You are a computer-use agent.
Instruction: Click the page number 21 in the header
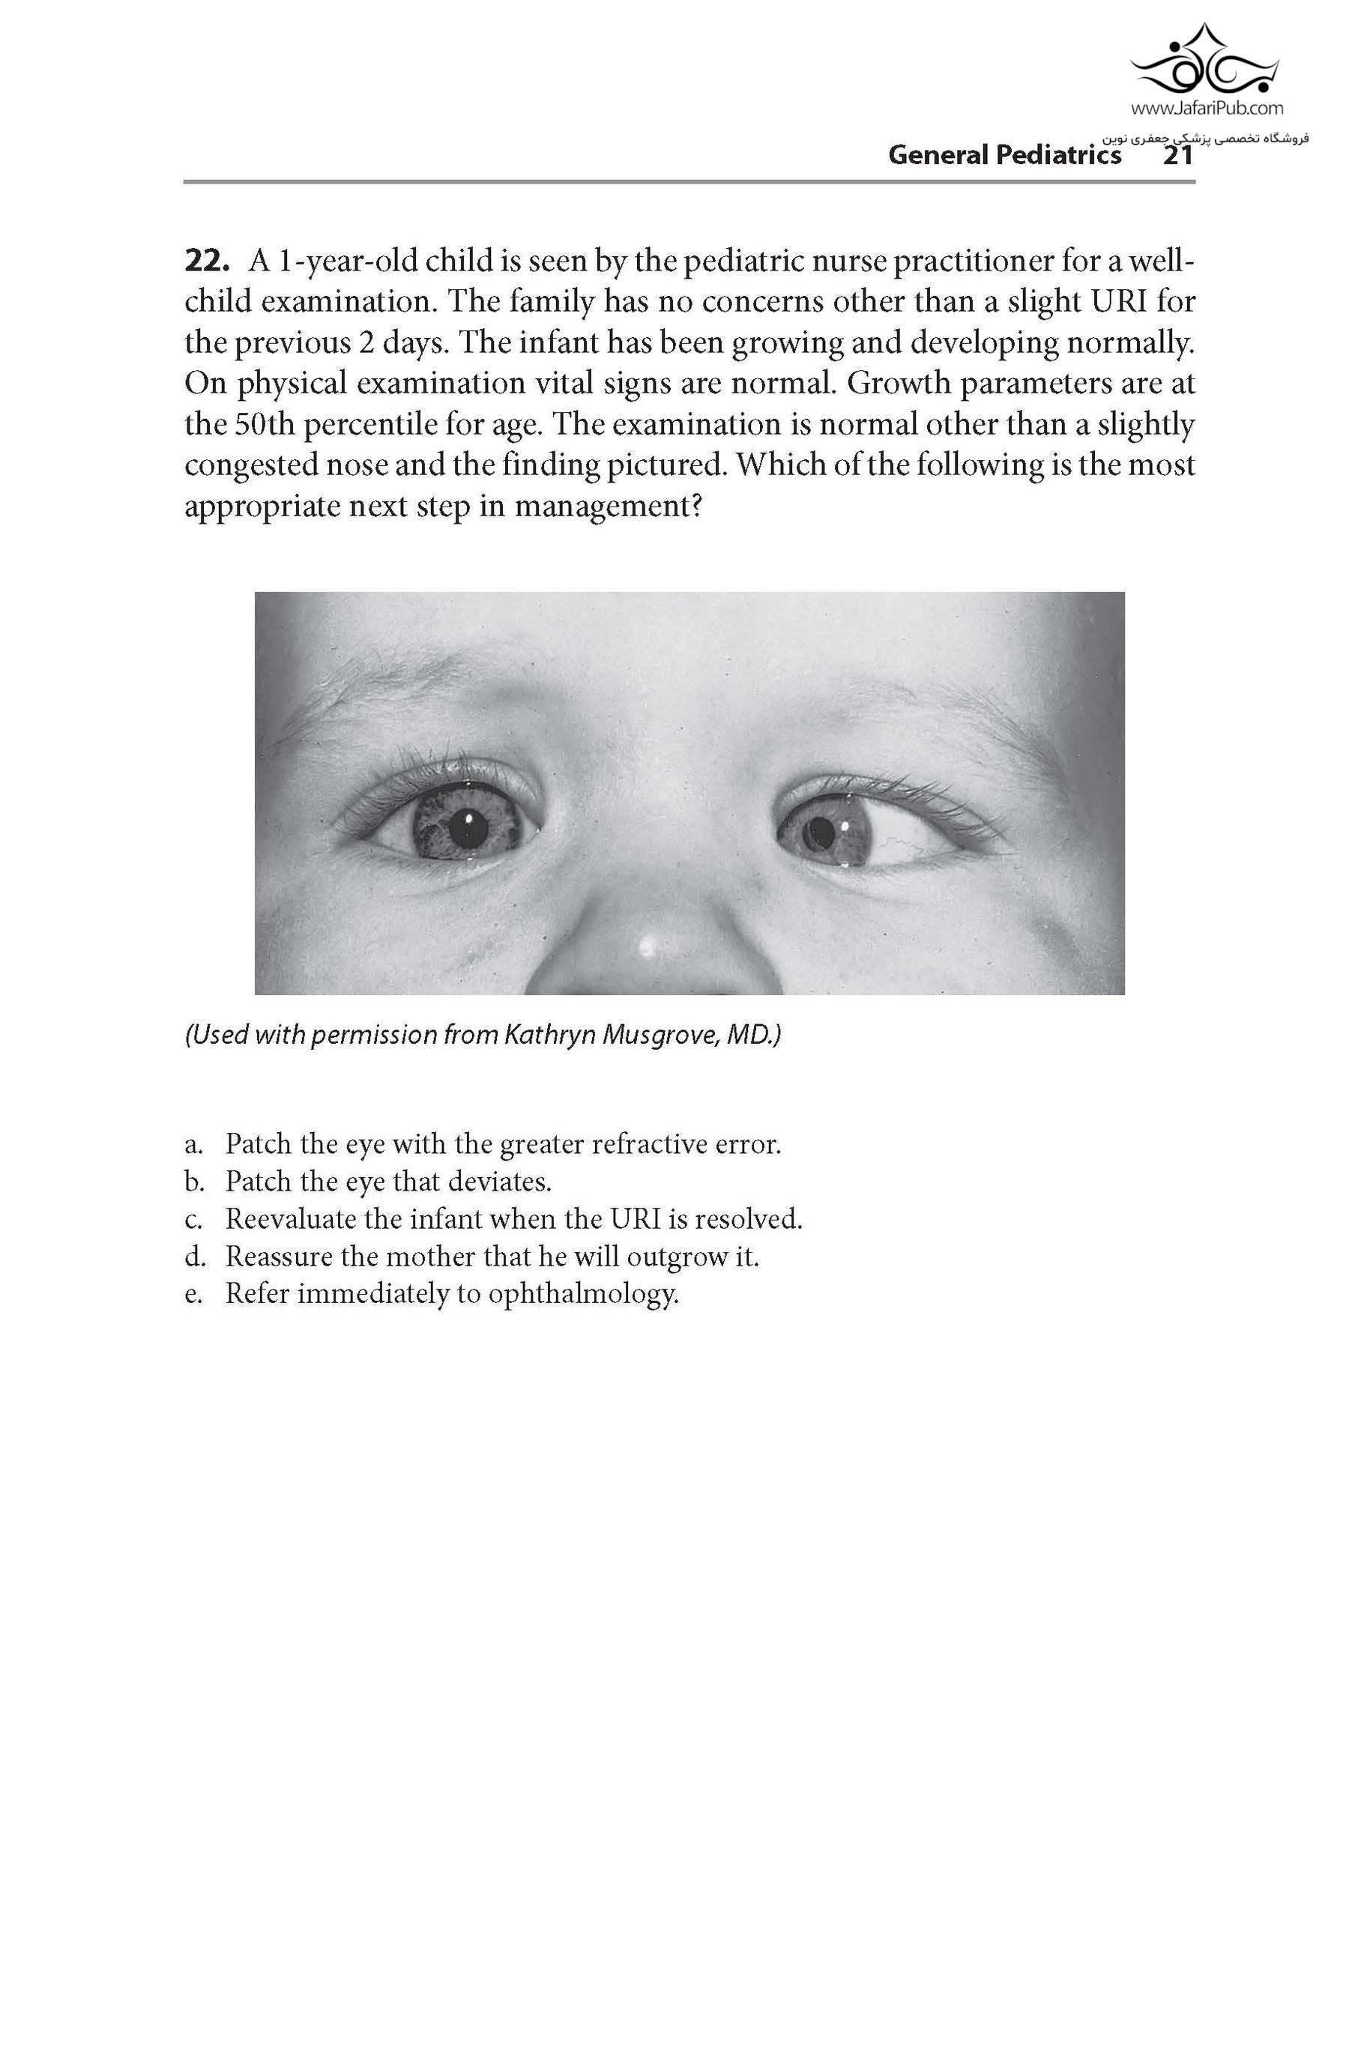[1177, 155]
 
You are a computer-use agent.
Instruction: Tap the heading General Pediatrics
[1004, 155]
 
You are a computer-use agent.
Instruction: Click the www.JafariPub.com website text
[1206, 109]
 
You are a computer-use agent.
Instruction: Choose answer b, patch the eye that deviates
[388, 1181]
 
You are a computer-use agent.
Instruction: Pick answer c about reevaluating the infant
[513, 1219]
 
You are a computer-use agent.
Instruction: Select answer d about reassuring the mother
[492, 1256]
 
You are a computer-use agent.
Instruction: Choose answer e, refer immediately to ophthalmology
[452, 1294]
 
